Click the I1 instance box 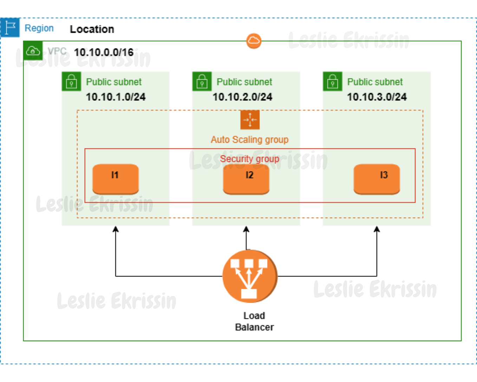click(x=115, y=179)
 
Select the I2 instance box click(x=246, y=179)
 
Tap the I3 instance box click(x=377, y=179)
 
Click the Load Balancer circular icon click(x=250, y=276)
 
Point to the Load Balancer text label click(x=254, y=321)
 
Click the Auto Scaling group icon click(x=250, y=120)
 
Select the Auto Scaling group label click(x=249, y=140)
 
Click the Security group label click(x=249, y=159)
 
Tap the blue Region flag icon click(x=10, y=27)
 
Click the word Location click(x=92, y=29)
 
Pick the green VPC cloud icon click(x=33, y=51)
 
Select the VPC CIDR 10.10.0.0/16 click(x=104, y=52)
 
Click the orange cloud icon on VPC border click(x=254, y=41)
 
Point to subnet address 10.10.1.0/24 click(x=116, y=97)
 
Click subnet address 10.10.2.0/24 click(x=242, y=97)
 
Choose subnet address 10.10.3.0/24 click(x=377, y=97)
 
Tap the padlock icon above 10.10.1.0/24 click(x=71, y=82)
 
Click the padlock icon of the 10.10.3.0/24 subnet click(x=332, y=82)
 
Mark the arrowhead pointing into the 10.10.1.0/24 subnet click(x=116, y=229)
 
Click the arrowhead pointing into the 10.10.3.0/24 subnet click(x=377, y=229)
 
